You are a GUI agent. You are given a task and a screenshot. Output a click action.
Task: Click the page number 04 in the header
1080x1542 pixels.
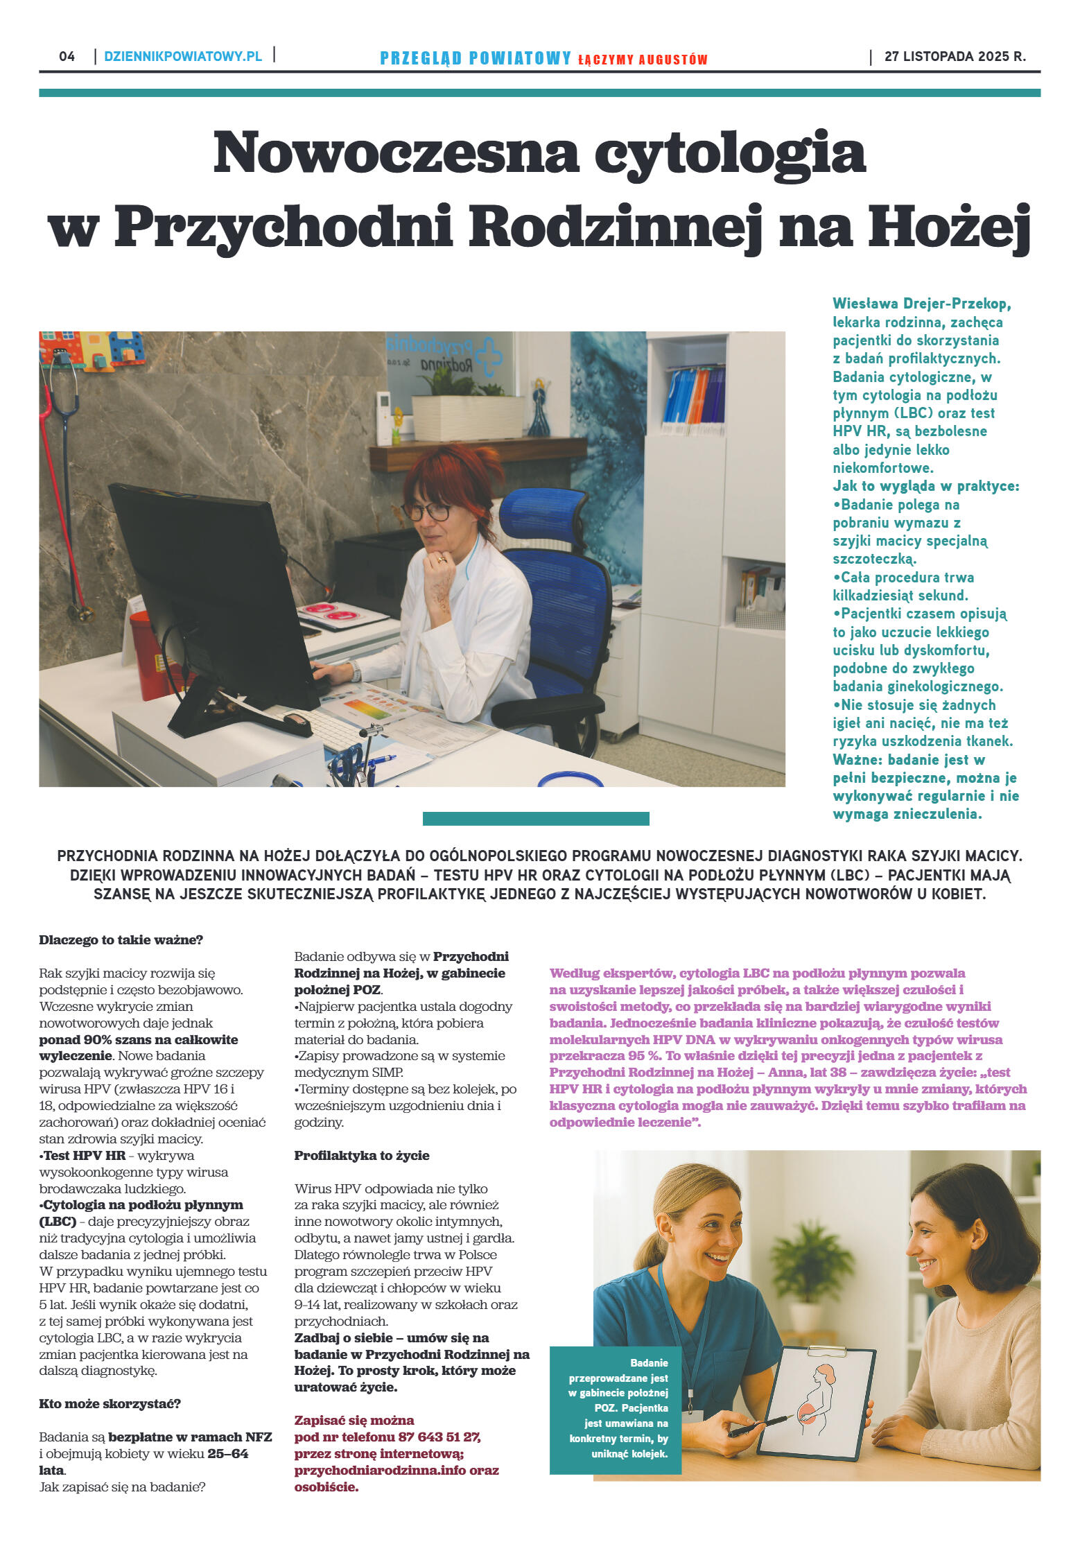tap(67, 56)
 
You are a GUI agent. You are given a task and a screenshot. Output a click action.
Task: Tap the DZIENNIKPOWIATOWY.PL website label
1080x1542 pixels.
tap(183, 56)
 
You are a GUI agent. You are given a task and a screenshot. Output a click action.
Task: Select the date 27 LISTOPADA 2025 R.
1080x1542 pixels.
tap(955, 56)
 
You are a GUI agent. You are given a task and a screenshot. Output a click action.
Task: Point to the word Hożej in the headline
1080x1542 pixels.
tap(949, 227)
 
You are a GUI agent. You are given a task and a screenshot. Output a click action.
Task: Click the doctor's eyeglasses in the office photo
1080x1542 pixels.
tap(429, 511)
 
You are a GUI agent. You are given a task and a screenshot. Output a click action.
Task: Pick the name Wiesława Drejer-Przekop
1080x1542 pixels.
tap(921, 304)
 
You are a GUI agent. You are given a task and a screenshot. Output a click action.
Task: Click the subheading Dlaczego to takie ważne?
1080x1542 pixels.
tap(121, 940)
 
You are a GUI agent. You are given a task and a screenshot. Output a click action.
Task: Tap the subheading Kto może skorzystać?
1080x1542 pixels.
tap(110, 1404)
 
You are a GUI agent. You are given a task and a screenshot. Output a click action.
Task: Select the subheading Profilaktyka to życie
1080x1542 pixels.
tap(361, 1156)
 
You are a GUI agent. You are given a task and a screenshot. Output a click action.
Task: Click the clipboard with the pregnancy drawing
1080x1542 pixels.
tap(816, 1402)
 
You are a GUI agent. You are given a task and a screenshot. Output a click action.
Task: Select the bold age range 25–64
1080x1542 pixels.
tap(227, 1454)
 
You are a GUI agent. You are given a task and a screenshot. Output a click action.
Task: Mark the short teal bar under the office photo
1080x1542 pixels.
tap(535, 819)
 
